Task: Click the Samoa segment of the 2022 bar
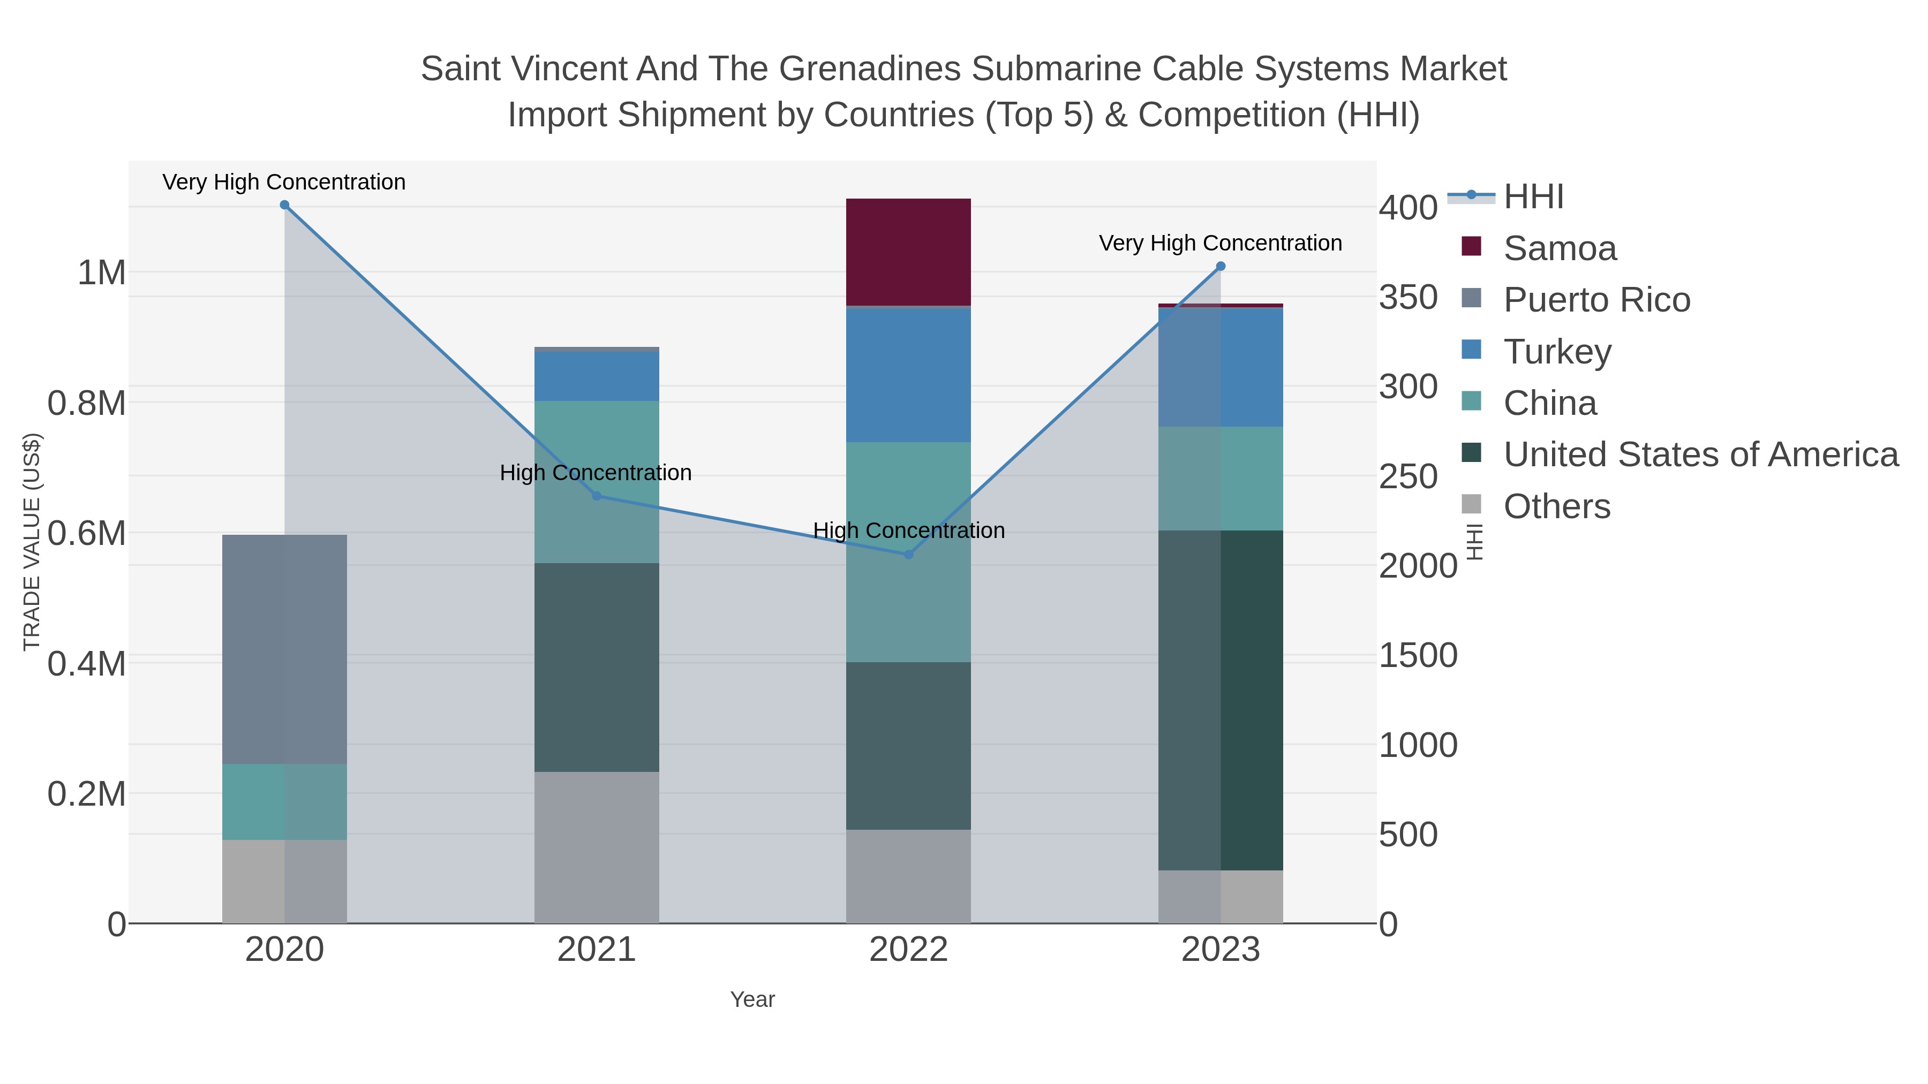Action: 908,252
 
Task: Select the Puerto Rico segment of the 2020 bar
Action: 284,649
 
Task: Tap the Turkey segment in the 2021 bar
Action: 597,376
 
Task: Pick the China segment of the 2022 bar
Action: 908,551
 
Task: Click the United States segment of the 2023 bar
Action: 1220,700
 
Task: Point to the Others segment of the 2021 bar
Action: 597,847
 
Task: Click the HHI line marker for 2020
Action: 284,205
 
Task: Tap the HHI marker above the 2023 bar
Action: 1221,267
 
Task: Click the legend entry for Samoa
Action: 1560,248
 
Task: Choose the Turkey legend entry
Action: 1557,352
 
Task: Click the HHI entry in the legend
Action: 1534,197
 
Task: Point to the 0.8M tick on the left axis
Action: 87,403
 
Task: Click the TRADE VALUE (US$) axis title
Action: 32,542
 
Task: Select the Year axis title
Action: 752,999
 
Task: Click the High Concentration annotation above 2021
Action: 596,473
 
